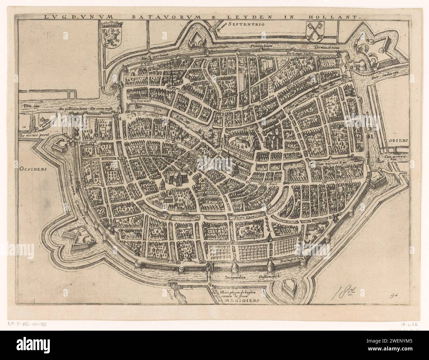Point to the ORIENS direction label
(399, 140)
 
